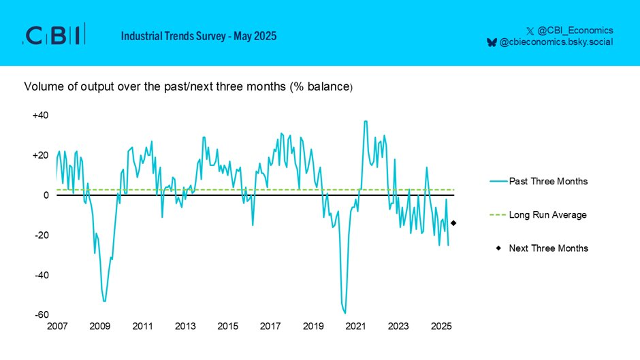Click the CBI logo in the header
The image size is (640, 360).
(54, 35)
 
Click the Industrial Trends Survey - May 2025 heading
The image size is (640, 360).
(199, 35)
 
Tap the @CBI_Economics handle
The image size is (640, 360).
(575, 30)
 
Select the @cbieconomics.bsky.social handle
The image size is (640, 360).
(556, 42)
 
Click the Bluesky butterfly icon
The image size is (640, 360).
(491, 42)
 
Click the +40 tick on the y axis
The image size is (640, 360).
(40, 115)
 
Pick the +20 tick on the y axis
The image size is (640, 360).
(40, 155)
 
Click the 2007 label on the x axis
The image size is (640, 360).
(57, 326)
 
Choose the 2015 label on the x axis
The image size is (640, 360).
(228, 326)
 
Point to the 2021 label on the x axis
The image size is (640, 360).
(356, 326)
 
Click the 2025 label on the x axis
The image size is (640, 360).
(441, 326)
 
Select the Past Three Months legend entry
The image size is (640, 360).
(548, 182)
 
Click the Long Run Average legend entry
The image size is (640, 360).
(547, 215)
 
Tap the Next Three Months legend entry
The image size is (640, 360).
(548, 248)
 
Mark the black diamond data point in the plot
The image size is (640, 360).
(453, 223)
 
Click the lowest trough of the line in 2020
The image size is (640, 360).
(345, 313)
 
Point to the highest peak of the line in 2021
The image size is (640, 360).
(366, 121)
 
